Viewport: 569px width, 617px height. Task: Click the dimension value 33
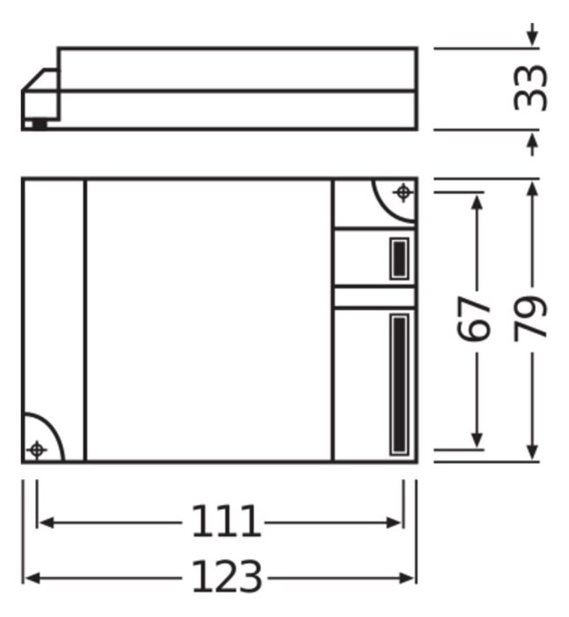[x=530, y=88]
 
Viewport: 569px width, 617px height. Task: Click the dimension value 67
[x=474, y=318]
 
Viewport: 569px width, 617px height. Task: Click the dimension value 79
[x=530, y=318]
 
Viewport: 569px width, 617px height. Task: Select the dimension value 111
[x=226, y=522]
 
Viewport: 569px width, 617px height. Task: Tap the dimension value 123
[x=227, y=576]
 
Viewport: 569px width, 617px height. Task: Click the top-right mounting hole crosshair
[x=403, y=193]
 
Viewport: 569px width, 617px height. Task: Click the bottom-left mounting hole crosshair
[x=37, y=450]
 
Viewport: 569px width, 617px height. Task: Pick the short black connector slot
[x=399, y=258]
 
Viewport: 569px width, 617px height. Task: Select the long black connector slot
[x=399, y=384]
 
